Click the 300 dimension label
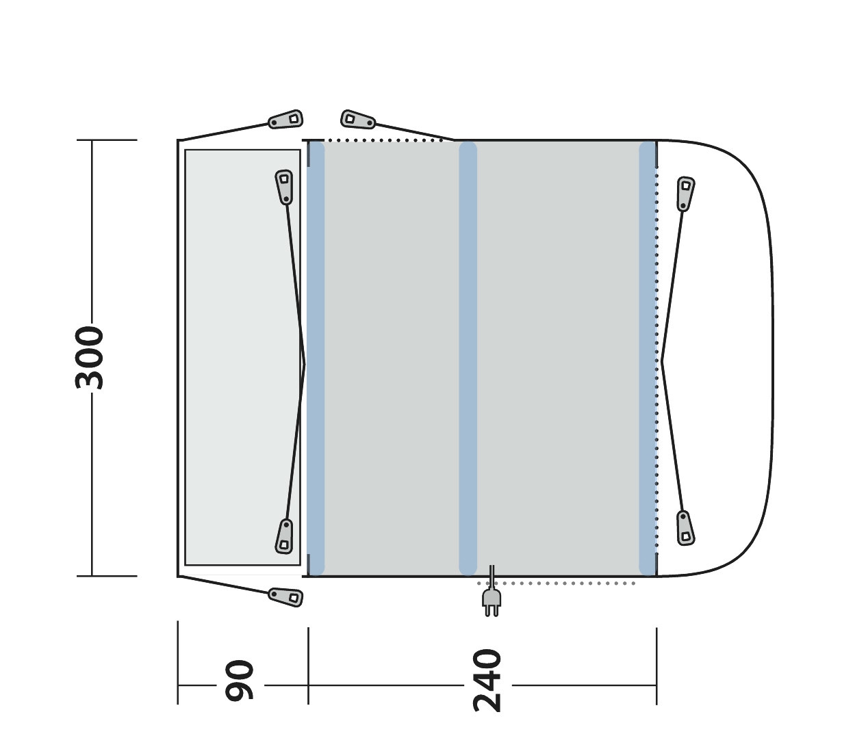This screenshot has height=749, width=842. (x=89, y=358)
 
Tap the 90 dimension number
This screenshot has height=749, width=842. (x=239, y=680)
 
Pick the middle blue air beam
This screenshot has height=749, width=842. (x=468, y=358)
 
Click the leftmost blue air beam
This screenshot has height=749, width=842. (x=316, y=358)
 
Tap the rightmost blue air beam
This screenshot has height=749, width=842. (x=647, y=358)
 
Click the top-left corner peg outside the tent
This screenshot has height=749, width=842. (x=285, y=120)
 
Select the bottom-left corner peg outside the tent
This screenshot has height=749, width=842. (x=285, y=597)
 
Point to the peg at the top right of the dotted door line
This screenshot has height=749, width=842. (x=358, y=120)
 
